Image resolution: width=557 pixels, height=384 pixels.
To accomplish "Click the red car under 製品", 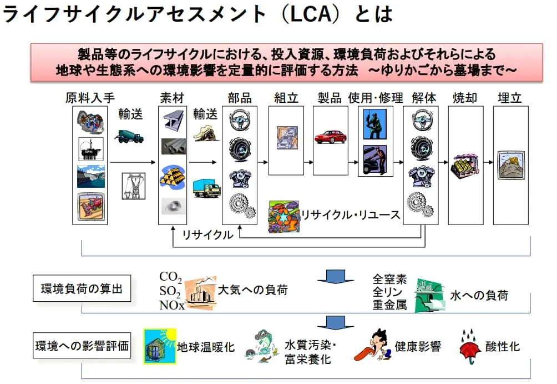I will (330, 137).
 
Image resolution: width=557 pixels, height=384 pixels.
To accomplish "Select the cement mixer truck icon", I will (129, 136).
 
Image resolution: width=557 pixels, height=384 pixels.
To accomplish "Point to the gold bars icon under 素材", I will (173, 176).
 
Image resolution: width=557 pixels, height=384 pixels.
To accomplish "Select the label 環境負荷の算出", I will (82, 290).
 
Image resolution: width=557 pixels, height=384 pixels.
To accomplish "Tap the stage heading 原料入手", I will (90, 98).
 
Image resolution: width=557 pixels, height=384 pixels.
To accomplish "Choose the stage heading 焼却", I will (465, 98).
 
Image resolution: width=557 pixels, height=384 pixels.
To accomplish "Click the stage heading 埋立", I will (510, 98).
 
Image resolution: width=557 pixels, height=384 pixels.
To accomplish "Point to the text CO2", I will (170, 276).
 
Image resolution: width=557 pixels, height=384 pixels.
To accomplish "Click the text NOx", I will (171, 304).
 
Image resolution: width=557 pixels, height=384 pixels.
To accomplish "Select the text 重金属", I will (389, 304).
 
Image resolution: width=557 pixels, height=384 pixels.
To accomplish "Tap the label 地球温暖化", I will (206, 347).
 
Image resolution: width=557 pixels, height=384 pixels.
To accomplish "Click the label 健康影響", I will (418, 347).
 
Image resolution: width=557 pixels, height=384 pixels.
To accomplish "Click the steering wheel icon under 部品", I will (239, 119).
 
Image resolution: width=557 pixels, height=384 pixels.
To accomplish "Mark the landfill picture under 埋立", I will (510, 165).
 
